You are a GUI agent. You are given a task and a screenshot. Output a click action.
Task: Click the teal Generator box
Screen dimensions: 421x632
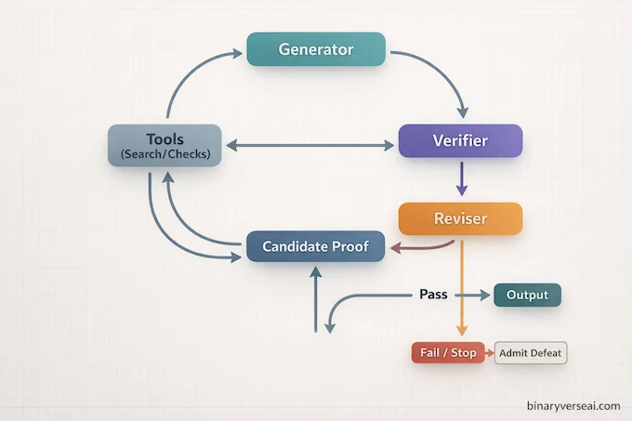tap(316, 49)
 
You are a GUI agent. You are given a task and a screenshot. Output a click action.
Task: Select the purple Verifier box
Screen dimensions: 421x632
tap(460, 141)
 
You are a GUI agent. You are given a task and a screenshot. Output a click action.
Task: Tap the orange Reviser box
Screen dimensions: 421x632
tap(460, 218)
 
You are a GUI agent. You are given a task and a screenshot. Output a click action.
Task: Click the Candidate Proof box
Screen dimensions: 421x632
tap(315, 246)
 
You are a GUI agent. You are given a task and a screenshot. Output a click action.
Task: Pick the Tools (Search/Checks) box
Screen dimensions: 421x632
tap(165, 146)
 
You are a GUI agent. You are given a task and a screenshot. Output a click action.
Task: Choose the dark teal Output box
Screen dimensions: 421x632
tap(527, 296)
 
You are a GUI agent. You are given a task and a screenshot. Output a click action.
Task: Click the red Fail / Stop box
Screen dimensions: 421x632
tap(447, 353)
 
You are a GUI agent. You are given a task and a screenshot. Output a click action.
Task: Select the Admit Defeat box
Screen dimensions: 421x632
tap(530, 353)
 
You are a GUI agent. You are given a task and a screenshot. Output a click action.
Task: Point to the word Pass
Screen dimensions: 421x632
tap(433, 295)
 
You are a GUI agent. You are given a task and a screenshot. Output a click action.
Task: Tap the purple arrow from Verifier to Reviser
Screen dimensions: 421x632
tap(460, 178)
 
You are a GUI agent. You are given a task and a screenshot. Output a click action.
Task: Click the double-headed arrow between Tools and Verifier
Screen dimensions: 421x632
tap(310, 146)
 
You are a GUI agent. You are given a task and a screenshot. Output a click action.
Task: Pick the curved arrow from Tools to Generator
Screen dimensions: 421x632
tap(191, 79)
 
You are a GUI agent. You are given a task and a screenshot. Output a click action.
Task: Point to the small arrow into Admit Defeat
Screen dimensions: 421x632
tap(490, 353)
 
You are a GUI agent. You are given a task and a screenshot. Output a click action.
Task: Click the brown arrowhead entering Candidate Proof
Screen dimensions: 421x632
tap(394, 248)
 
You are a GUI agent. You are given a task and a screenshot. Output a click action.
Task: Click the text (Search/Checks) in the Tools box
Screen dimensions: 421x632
tap(165, 153)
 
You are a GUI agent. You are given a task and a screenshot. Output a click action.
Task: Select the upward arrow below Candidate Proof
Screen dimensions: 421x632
tap(316, 297)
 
